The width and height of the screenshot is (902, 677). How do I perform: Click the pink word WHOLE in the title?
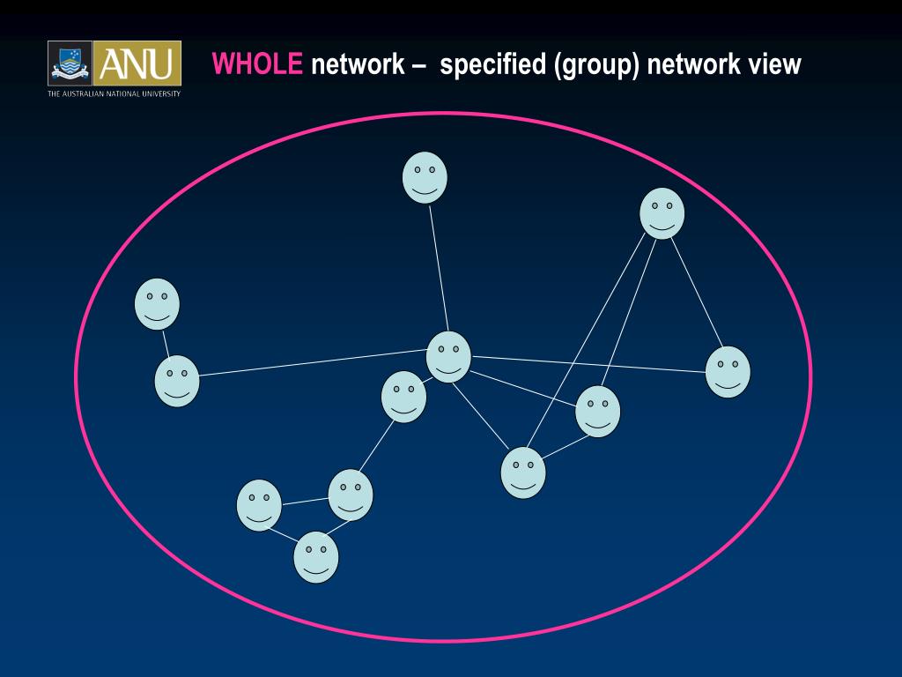[x=257, y=64]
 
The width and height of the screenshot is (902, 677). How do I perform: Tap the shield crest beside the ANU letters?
[x=70, y=63]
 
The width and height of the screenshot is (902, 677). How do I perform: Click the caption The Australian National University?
[x=114, y=93]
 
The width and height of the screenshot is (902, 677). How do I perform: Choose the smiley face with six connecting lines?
[x=448, y=357]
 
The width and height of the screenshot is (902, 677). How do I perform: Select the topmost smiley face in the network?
[x=425, y=177]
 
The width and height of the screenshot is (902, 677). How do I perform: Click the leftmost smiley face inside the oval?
[x=157, y=304]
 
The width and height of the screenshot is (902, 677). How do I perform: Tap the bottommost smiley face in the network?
[x=315, y=557]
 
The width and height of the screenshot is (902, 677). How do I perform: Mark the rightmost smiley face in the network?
[x=728, y=371]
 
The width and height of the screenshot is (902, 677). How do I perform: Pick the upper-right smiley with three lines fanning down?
[x=662, y=213]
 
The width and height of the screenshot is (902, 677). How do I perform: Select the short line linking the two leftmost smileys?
[x=166, y=343]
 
